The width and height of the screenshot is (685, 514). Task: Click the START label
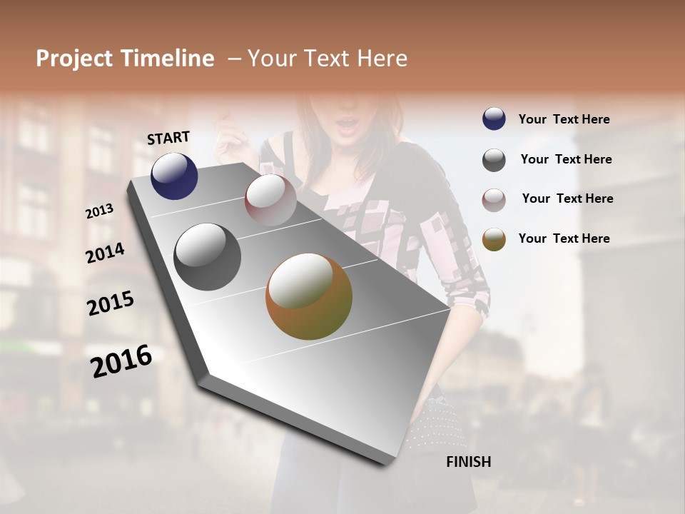pos(168,138)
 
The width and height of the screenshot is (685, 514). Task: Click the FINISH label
pos(468,462)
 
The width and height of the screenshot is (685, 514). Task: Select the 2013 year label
pos(99,211)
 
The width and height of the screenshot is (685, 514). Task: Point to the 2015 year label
pos(111,303)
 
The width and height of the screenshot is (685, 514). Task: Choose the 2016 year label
pos(121,361)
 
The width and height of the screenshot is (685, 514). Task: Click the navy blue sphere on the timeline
pos(174,176)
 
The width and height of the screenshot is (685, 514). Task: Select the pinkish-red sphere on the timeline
pos(270,200)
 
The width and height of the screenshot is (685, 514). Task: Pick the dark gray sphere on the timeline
pos(208,257)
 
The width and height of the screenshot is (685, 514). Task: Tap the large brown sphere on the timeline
pos(309,296)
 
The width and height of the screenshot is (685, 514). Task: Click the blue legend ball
pos(494,119)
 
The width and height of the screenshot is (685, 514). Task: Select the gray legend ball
pos(494,160)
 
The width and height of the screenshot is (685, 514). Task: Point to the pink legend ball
pos(494,200)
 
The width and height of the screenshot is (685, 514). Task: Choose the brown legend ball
pos(494,239)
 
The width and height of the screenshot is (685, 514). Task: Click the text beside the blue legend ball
pos(564,120)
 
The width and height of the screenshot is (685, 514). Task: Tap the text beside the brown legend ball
pos(564,238)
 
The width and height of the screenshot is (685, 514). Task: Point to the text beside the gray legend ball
pos(566,160)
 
